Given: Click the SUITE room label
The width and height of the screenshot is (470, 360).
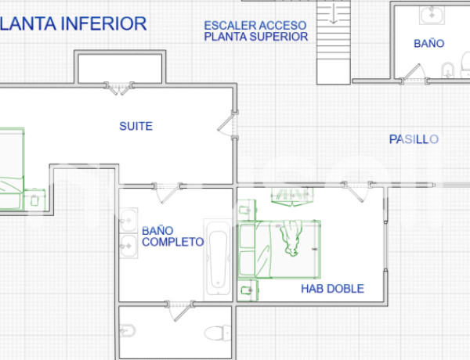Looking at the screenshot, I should [136, 126].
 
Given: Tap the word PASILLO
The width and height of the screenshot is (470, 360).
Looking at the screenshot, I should [414, 139].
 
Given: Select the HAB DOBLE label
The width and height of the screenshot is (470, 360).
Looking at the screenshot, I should [332, 289].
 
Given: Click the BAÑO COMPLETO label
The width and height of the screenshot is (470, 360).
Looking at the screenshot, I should [172, 236].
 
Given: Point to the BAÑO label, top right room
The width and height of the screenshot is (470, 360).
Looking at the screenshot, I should [429, 45].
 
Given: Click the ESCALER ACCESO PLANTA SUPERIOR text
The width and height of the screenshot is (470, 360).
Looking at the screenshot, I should [255, 31].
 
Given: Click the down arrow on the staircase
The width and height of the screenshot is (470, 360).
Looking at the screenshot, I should [334, 13].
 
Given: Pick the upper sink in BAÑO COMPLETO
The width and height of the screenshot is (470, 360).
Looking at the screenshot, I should [128, 220].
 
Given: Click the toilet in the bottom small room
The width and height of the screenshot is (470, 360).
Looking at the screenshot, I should [215, 333].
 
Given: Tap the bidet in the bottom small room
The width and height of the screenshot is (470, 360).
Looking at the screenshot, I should [128, 331].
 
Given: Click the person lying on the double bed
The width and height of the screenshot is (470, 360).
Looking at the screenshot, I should [293, 238].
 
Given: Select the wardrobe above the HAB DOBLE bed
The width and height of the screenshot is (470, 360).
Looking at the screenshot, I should [291, 193].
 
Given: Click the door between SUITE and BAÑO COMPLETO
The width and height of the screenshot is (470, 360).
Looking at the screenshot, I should [168, 188].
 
